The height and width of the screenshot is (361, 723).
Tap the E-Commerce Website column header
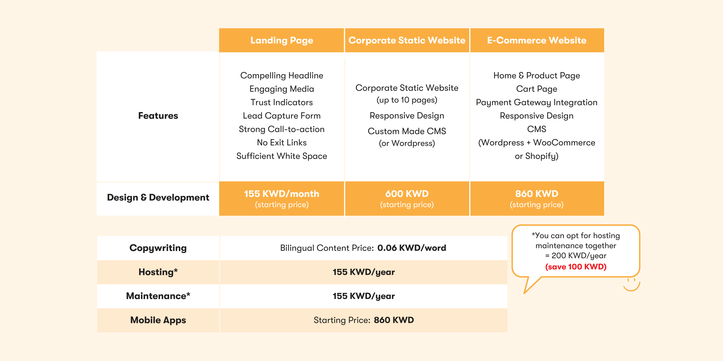[x=537, y=40]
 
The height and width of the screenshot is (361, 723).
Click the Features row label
[x=158, y=116]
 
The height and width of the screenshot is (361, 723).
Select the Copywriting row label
[x=158, y=248]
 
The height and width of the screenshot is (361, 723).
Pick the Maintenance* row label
[x=158, y=296]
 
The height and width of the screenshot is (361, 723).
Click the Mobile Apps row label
[x=158, y=320]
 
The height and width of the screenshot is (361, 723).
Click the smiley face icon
[x=631, y=284]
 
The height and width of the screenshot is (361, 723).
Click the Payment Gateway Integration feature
[x=537, y=103]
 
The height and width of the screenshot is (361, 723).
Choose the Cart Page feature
[x=537, y=89]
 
